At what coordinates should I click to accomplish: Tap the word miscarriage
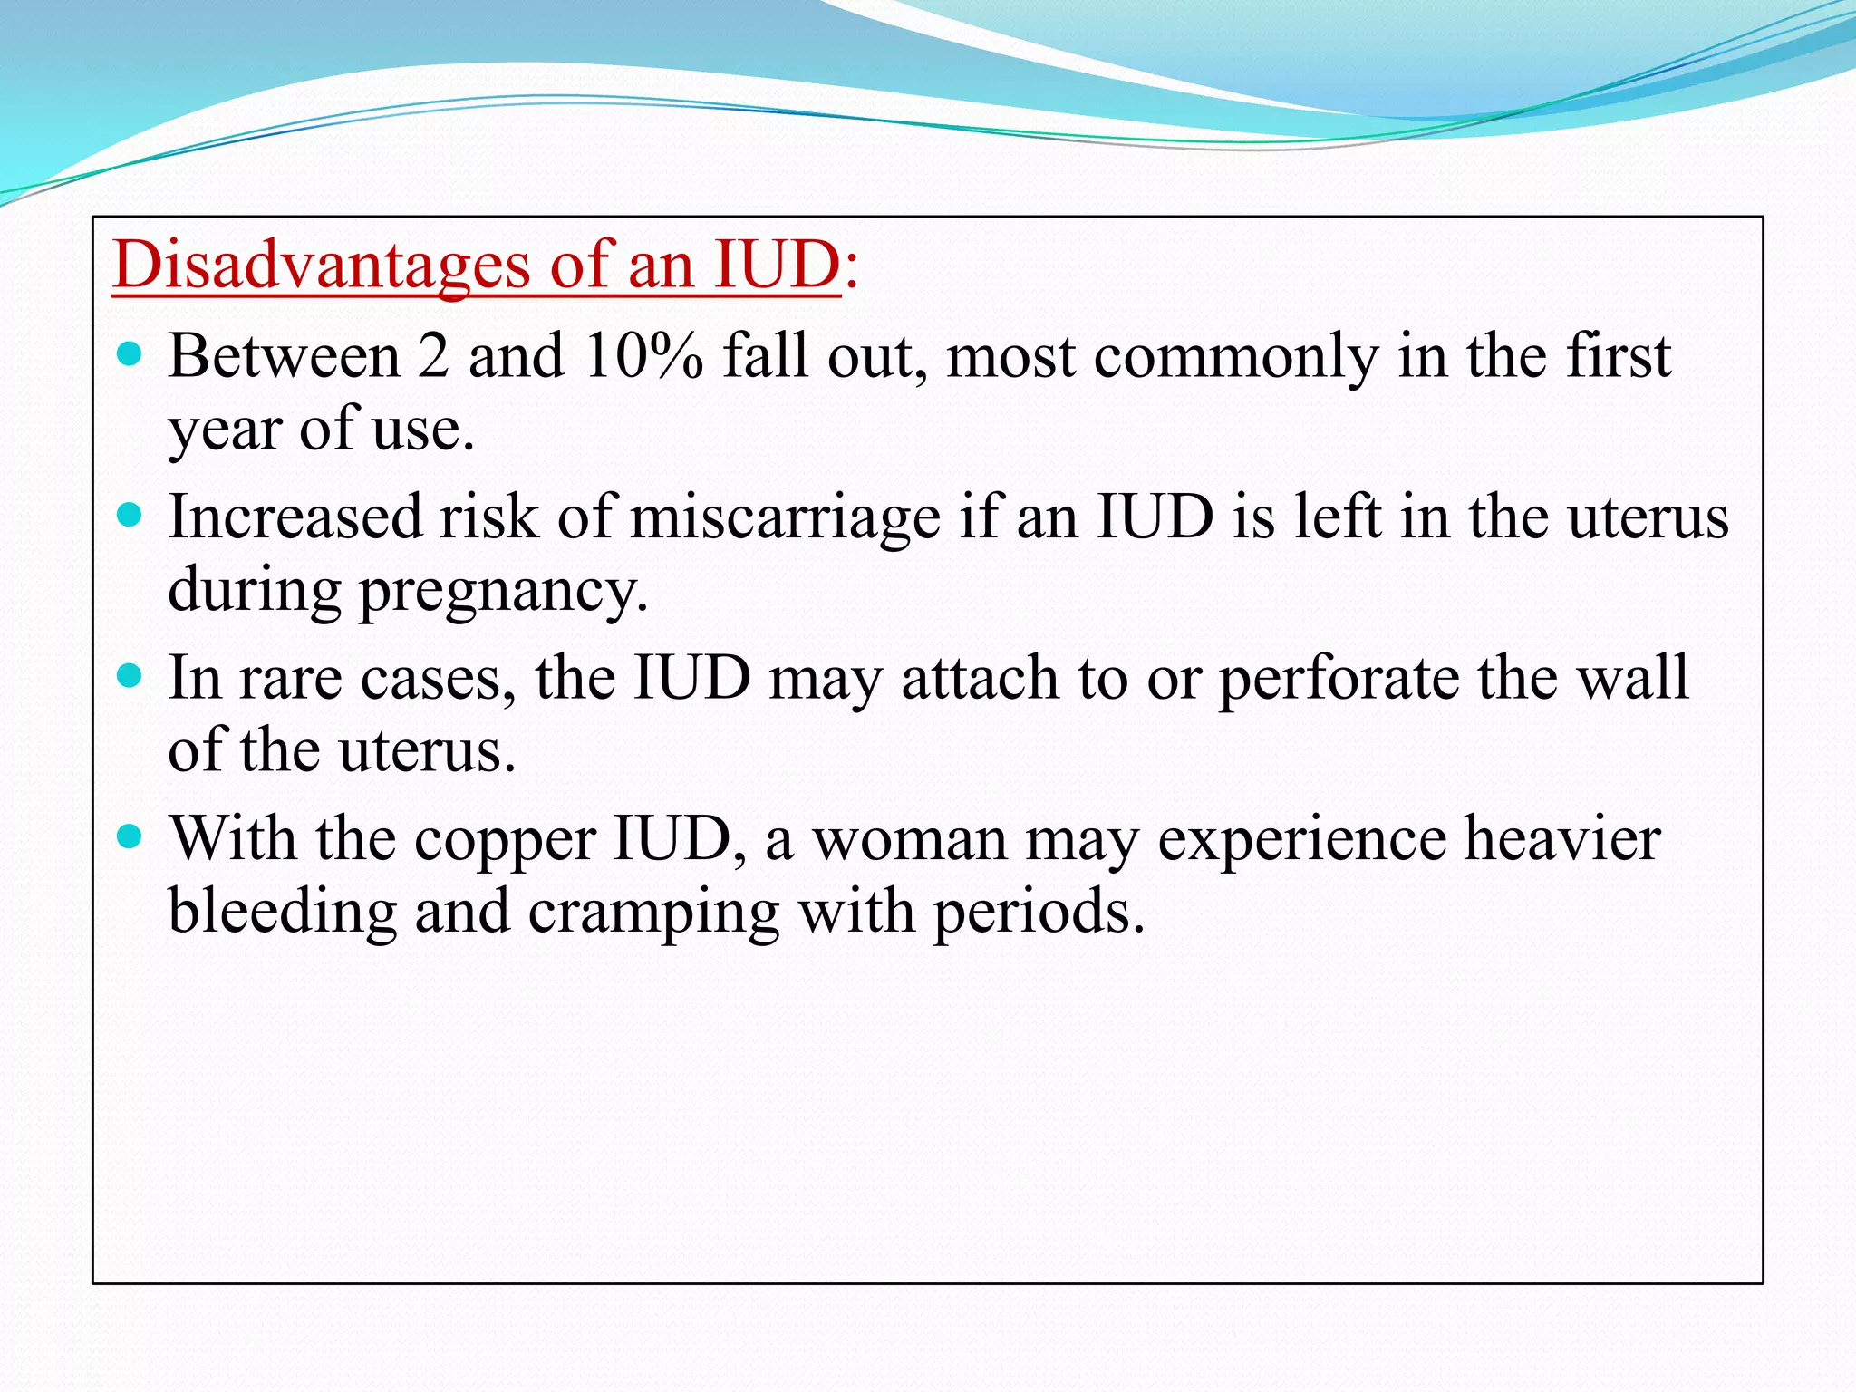tap(785, 517)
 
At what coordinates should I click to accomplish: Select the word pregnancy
tap(504, 591)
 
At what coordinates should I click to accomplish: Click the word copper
tap(505, 839)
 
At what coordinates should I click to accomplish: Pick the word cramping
tap(653, 912)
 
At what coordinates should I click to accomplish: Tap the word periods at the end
tap(1039, 912)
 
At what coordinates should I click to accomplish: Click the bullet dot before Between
tap(130, 353)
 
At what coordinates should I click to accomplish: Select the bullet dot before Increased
tap(130, 515)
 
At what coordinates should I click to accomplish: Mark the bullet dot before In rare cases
tap(130, 676)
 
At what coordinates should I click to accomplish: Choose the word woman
tap(909, 840)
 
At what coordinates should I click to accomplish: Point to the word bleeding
tap(282, 912)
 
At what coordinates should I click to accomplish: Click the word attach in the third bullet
tap(981, 678)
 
